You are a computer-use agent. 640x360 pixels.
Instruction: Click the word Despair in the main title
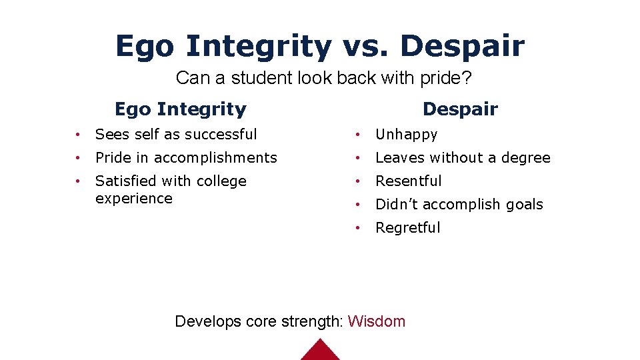[x=463, y=46]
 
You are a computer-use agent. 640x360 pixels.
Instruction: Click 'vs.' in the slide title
[x=365, y=46]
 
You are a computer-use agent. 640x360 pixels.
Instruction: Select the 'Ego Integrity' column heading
[x=180, y=109]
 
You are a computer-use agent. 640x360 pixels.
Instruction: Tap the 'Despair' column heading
[x=460, y=109]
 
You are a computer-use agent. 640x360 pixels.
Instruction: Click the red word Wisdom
[x=377, y=321]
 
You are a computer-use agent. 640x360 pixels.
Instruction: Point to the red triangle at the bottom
[x=321, y=351]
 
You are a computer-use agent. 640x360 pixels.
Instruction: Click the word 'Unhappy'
[x=406, y=135]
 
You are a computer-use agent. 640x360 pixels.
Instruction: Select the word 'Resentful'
[x=408, y=181]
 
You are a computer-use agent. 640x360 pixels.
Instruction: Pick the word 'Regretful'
[x=407, y=228]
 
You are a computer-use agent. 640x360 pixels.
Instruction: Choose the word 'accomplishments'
[x=215, y=158]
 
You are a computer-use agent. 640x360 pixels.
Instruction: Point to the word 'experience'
[x=133, y=199]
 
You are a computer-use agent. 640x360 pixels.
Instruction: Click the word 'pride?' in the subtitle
[x=448, y=78]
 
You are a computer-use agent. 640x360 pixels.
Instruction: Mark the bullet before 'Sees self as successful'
[x=79, y=135]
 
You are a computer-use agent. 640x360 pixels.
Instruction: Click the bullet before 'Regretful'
[x=359, y=228]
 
